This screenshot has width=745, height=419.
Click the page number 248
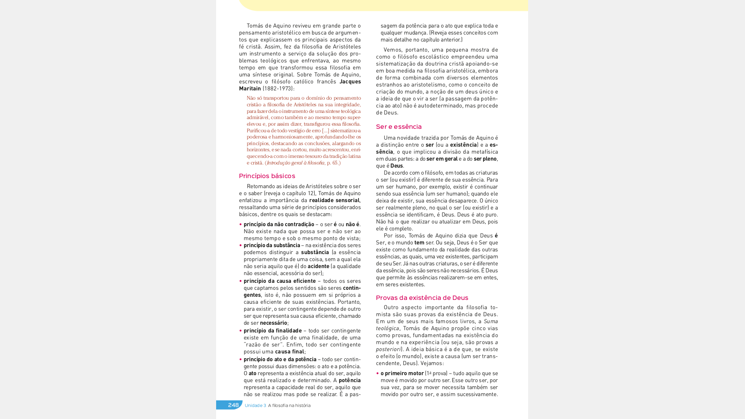click(233, 405)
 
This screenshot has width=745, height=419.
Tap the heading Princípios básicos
click(267, 176)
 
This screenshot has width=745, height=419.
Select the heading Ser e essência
click(398, 127)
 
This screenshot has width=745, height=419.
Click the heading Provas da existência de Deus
click(422, 298)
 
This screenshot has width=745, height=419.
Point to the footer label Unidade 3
click(255, 405)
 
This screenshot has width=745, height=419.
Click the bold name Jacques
click(350, 81)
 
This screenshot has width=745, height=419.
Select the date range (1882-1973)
click(278, 88)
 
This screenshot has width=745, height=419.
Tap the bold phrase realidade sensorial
click(334, 200)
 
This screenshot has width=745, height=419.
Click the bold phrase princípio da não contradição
click(279, 224)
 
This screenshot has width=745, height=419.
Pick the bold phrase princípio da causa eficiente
click(279, 281)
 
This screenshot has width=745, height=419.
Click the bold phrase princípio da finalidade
click(272, 331)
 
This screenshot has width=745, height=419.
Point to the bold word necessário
click(273, 323)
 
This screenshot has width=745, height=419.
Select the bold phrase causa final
click(289, 351)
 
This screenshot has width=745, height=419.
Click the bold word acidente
click(318, 266)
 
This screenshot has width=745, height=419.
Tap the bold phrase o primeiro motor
click(402, 373)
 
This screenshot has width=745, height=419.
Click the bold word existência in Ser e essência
click(463, 145)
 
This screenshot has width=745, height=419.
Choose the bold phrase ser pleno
click(485, 159)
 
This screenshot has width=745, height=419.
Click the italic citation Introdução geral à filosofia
click(295, 163)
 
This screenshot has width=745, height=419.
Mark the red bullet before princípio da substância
click(241, 245)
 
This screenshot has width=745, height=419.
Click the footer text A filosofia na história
click(289, 405)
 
